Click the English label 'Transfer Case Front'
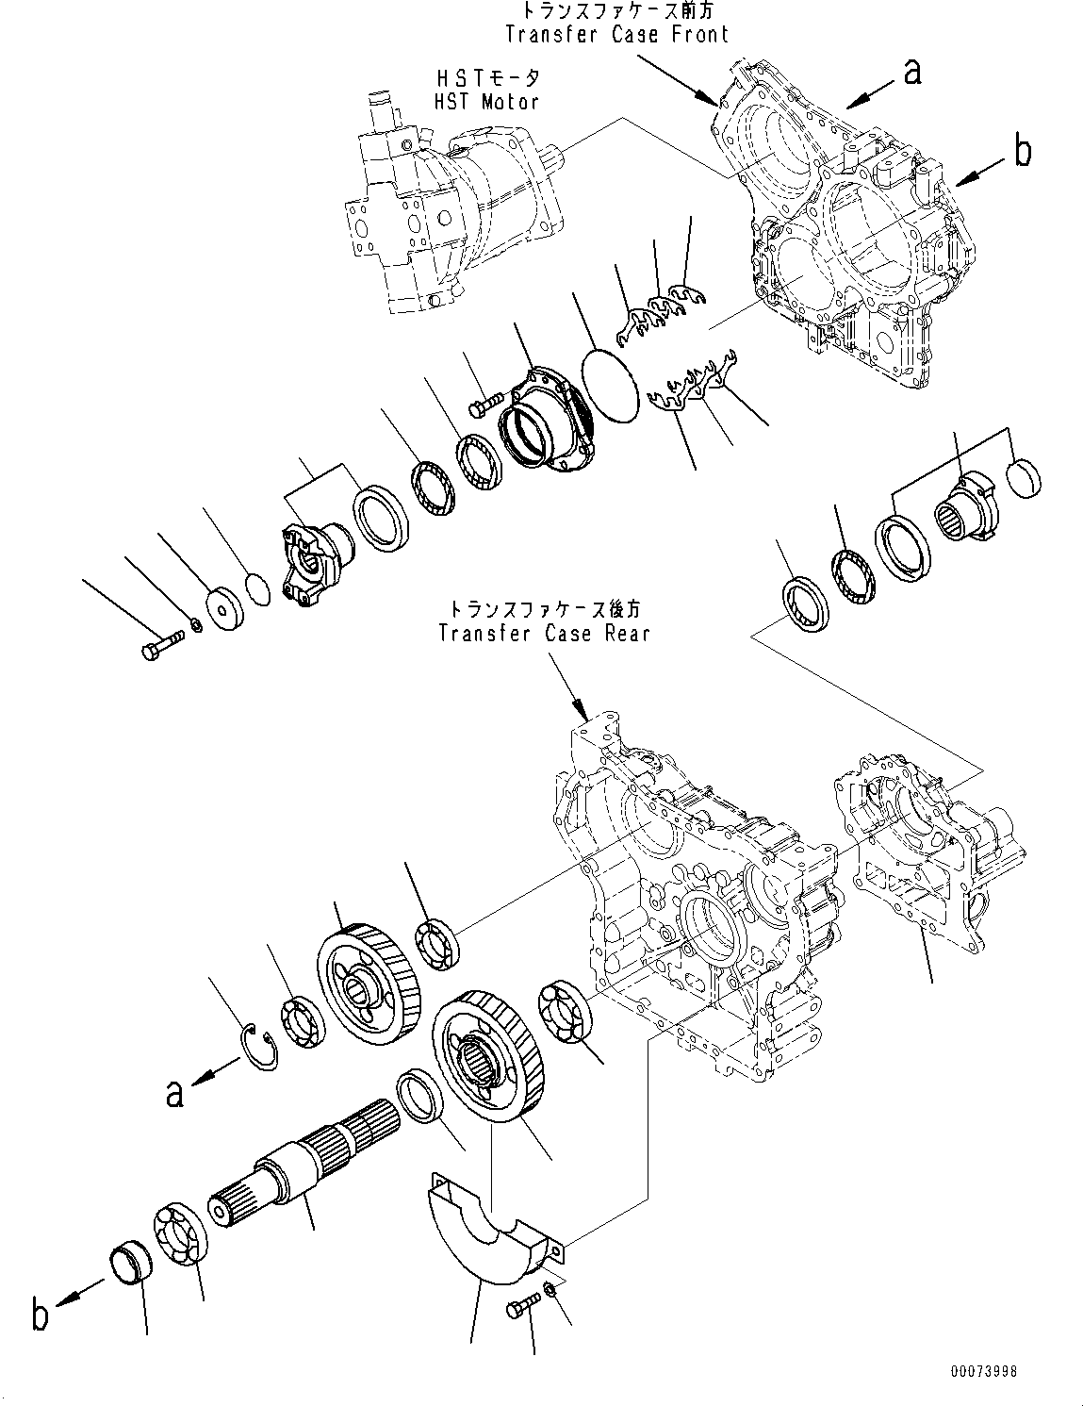(616, 35)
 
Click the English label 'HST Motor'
(485, 101)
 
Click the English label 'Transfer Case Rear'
(544, 634)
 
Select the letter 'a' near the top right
(911, 72)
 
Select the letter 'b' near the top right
(1023, 152)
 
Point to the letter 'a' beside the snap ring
(173, 1094)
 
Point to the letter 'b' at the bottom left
(39, 1316)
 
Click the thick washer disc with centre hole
(225, 610)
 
